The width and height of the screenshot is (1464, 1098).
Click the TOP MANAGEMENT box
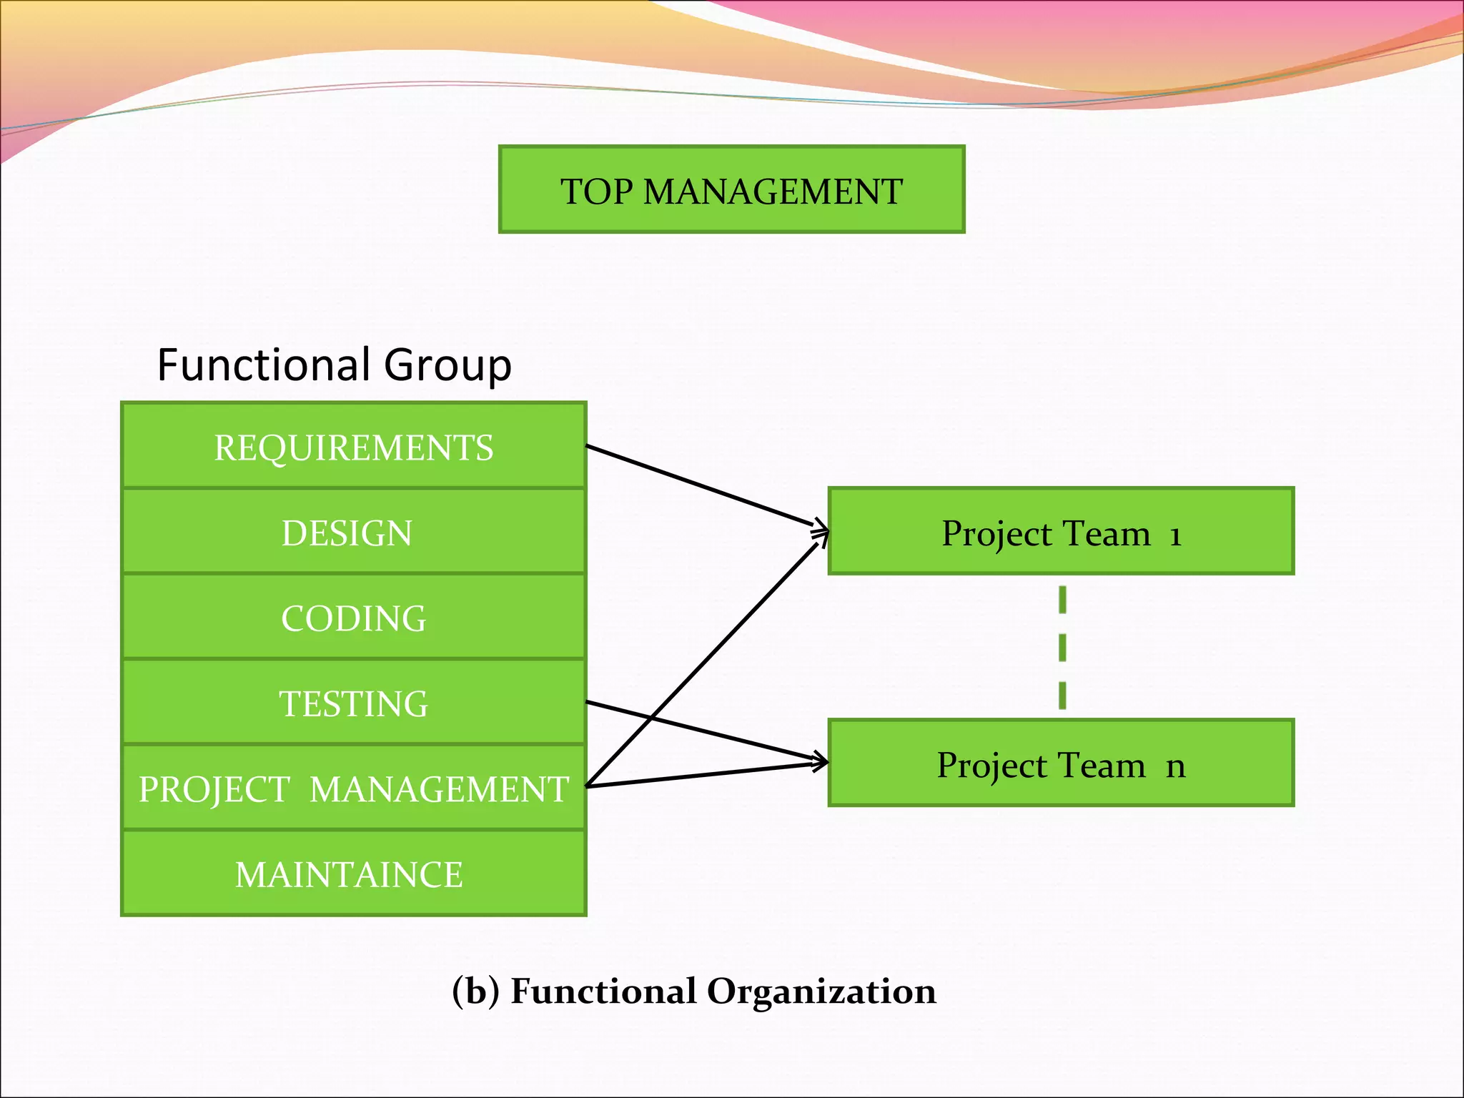coord(731,190)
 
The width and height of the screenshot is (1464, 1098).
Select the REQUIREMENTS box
coord(354,447)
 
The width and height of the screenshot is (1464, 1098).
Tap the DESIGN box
coord(354,533)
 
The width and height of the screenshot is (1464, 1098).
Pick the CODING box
coord(354,618)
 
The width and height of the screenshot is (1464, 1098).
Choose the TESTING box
coord(354,703)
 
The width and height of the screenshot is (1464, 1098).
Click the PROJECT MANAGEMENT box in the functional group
coord(354,788)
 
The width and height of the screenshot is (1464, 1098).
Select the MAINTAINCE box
coord(354,874)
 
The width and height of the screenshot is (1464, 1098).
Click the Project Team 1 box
coord(1061,533)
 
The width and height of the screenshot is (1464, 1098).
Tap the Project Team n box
coord(1061,764)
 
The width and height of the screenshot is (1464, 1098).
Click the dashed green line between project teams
coord(1062,647)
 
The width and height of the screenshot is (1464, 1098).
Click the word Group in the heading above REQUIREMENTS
coord(447,366)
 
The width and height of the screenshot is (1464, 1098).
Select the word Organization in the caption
coord(821,991)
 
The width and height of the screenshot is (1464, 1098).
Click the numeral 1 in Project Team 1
coord(1175,535)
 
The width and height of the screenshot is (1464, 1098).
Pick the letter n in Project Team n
coord(1175,767)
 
